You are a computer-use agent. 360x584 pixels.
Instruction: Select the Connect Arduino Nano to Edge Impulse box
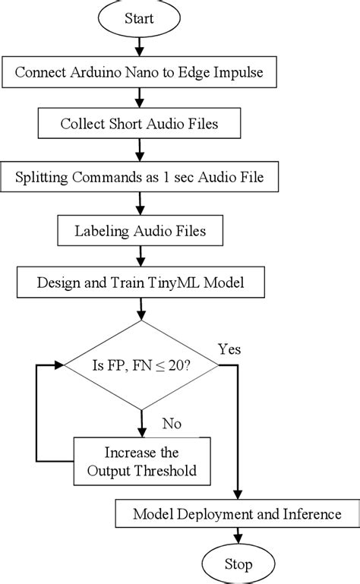tap(141, 74)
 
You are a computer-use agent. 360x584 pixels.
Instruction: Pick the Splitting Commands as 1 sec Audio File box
tap(141, 178)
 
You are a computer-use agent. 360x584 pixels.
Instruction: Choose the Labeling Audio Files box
tap(141, 230)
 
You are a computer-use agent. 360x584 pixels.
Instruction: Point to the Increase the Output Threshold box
tap(141, 460)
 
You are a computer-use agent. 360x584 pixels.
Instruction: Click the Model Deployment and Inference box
tap(237, 514)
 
